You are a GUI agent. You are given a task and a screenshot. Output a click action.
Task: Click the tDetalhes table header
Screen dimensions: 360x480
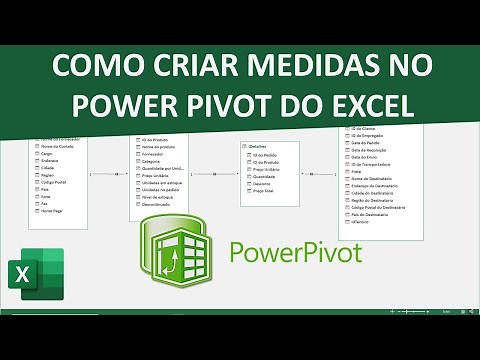(x=262, y=146)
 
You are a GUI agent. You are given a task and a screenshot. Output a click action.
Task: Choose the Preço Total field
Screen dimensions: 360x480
(x=265, y=191)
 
